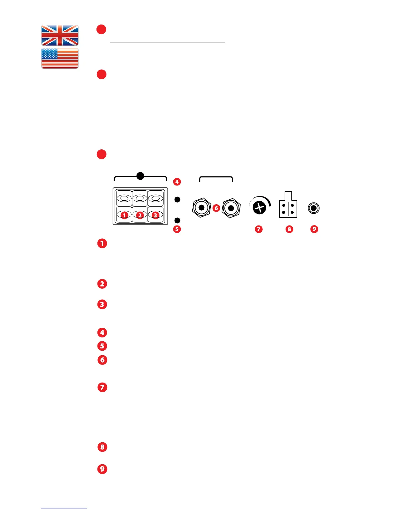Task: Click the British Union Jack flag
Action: click(x=60, y=35)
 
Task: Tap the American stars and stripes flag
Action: click(x=60, y=58)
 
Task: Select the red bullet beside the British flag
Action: click(x=101, y=29)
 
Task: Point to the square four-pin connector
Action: click(x=288, y=209)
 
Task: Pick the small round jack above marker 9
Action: click(x=314, y=208)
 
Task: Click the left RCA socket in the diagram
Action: click(x=201, y=208)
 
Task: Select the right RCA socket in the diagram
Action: click(x=231, y=208)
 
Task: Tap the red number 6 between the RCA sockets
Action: click(x=216, y=208)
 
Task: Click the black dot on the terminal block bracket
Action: click(x=140, y=176)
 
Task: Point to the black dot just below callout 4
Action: click(x=177, y=200)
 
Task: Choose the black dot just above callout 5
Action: click(x=177, y=220)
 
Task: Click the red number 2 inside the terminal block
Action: click(x=140, y=215)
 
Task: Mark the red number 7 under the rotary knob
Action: click(x=258, y=229)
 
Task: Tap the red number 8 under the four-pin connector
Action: click(x=289, y=229)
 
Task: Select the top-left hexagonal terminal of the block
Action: click(x=124, y=198)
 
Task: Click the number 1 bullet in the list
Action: click(x=102, y=243)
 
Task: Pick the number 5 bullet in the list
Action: click(x=102, y=346)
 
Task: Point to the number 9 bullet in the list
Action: click(x=102, y=469)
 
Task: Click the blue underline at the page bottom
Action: click(x=64, y=508)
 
